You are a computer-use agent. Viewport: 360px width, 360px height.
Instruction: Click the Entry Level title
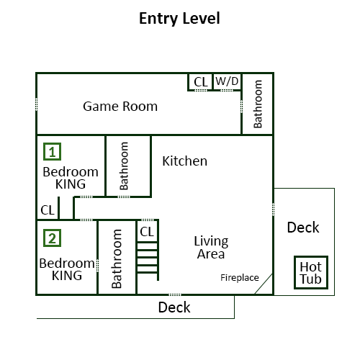179,19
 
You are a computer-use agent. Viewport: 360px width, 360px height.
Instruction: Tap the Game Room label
120,107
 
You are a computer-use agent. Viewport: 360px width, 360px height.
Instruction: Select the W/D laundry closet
227,81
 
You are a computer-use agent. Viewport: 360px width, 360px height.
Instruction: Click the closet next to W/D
200,81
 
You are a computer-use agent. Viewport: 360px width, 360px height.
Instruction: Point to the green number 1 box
53,151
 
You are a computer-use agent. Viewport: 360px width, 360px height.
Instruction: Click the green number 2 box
53,238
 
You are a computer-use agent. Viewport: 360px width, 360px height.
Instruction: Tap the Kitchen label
185,161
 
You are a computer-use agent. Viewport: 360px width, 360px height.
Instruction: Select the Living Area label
211,248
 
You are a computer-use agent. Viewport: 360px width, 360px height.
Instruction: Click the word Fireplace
240,278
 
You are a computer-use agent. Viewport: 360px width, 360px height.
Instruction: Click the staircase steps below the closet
147,258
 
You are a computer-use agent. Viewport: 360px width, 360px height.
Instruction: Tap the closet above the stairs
147,231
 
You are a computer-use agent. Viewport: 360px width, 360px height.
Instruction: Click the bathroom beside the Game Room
258,104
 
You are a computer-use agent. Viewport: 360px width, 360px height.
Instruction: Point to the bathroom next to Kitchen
128,166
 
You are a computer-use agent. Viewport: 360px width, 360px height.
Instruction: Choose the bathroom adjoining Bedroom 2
117,258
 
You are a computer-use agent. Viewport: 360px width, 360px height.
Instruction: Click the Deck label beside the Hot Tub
303,228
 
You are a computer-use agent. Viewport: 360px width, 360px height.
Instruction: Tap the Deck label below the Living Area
174,307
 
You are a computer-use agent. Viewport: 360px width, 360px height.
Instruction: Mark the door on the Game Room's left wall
37,104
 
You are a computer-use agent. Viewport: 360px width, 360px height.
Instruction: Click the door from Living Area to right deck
273,210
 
